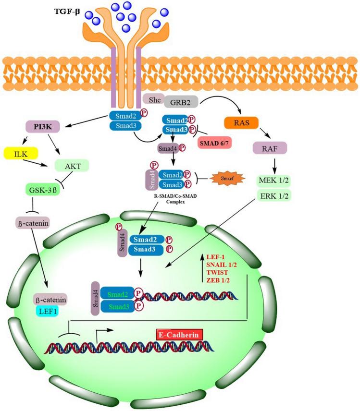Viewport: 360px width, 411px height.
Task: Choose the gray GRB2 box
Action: click(x=180, y=102)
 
